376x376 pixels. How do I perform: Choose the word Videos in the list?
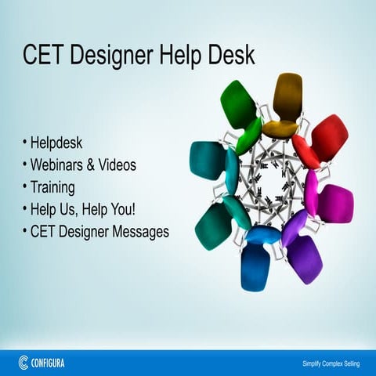(117, 165)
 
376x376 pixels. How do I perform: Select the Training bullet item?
(52, 188)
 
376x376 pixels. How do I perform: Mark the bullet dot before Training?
(25, 188)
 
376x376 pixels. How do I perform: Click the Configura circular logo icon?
(23, 362)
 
